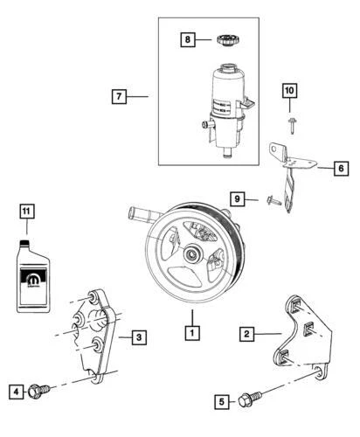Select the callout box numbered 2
point(248,334)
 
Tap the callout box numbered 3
point(138,336)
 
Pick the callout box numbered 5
point(224,401)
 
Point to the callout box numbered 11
point(28,211)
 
